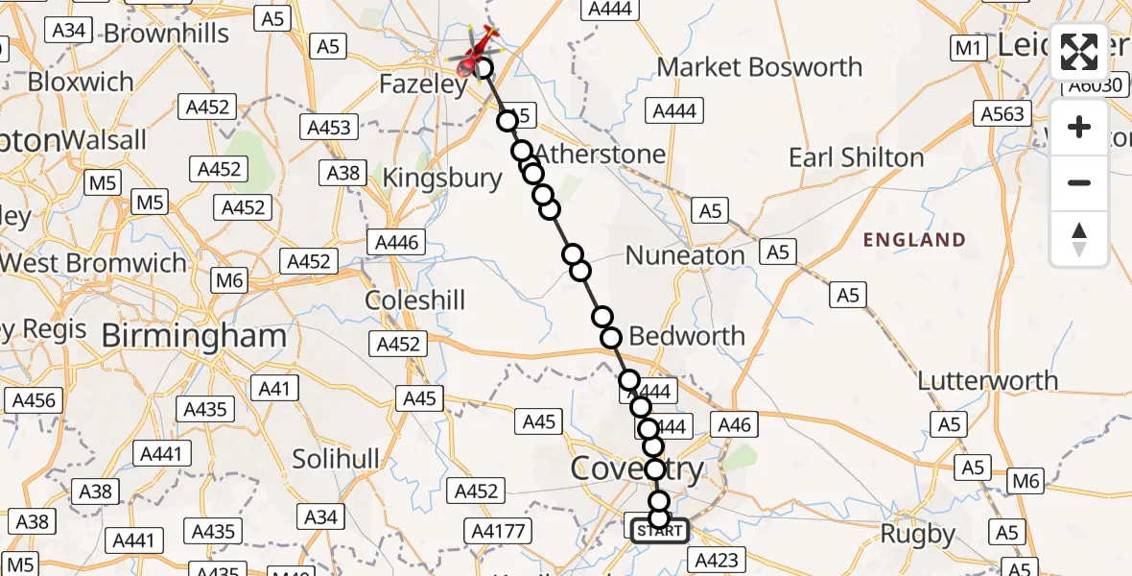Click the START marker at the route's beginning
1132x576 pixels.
tap(658, 530)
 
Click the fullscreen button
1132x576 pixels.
tap(1079, 52)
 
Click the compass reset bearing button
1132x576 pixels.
tap(1079, 239)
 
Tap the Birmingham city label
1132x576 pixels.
tap(193, 336)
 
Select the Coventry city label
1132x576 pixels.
tap(637, 468)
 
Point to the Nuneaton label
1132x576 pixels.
tap(685, 255)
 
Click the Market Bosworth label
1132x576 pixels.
tap(760, 67)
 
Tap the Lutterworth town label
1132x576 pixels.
tap(988, 380)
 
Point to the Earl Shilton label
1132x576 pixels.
tap(856, 157)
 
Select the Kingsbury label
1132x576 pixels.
tap(442, 178)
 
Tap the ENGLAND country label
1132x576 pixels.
tap(914, 239)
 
